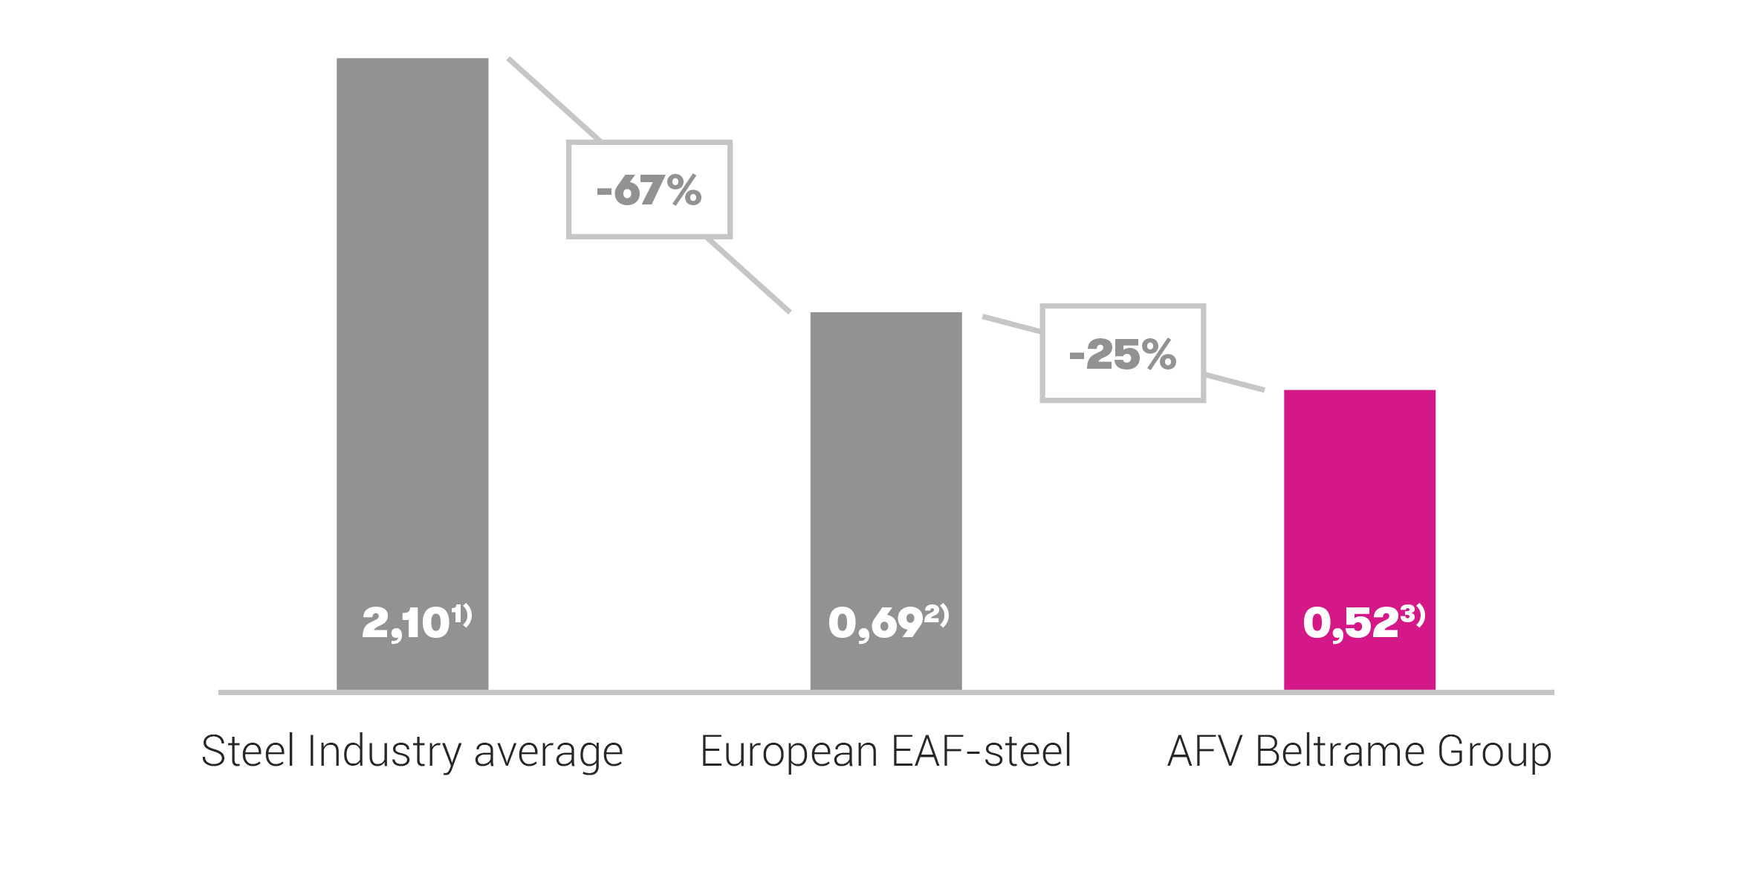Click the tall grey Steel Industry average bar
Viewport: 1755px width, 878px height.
coord(412,335)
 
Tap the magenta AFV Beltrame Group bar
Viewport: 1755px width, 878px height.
coord(1359,506)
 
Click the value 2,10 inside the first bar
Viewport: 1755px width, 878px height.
coord(406,623)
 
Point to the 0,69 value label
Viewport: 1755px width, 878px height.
coord(875,623)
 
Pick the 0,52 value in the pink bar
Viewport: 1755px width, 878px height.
coord(1350,623)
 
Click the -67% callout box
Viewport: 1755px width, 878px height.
coord(649,190)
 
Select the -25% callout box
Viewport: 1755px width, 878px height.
coord(1122,354)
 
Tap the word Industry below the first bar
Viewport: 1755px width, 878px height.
coord(384,752)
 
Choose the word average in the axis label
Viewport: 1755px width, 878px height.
coord(548,752)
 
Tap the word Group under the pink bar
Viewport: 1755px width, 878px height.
coord(1494,752)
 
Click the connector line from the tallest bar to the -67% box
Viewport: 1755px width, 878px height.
coord(554,99)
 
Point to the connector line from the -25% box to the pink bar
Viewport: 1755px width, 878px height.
coord(1234,382)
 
